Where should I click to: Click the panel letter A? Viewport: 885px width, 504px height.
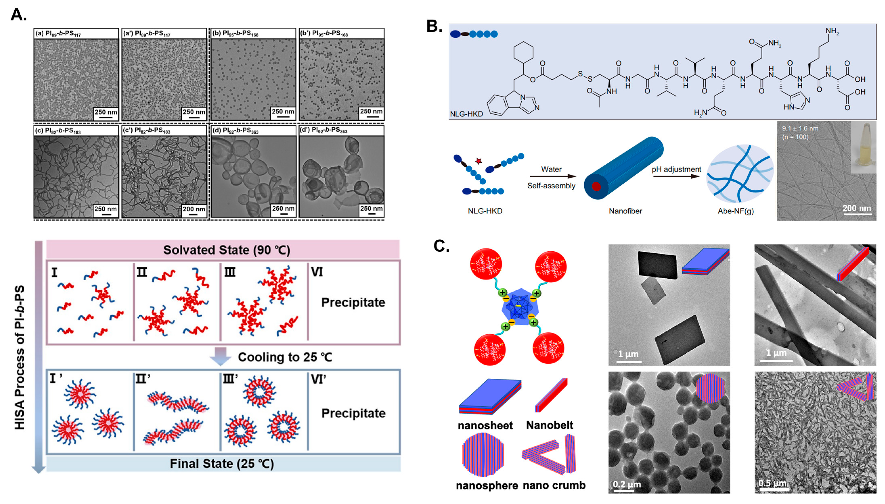click(18, 15)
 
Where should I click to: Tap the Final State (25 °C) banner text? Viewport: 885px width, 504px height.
click(222, 464)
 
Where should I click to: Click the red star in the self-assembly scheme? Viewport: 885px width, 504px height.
click(479, 161)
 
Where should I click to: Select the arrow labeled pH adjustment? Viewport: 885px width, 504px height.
click(676, 176)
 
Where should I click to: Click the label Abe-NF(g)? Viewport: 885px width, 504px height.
click(735, 211)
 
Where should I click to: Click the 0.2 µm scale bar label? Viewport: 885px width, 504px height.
click(627, 484)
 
